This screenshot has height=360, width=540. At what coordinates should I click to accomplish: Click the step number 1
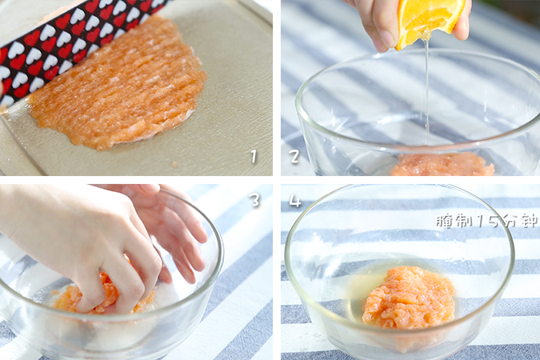[254, 156]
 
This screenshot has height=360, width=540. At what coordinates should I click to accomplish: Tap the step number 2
[294, 156]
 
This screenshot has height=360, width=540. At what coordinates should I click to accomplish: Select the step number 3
[255, 200]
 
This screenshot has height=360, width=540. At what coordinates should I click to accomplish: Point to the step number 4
[294, 201]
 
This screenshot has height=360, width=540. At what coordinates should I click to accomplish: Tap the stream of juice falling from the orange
[427, 93]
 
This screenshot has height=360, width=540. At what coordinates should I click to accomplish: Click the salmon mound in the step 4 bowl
[409, 298]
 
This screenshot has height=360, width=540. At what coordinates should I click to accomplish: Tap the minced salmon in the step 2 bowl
[442, 165]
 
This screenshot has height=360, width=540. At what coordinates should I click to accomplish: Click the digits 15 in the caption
[488, 222]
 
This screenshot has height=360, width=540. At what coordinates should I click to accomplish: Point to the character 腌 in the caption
[443, 222]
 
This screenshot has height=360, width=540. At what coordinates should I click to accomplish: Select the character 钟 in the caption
[530, 222]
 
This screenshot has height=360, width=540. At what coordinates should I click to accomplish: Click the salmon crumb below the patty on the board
[174, 164]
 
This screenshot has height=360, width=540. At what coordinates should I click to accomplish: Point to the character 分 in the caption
[509, 222]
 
